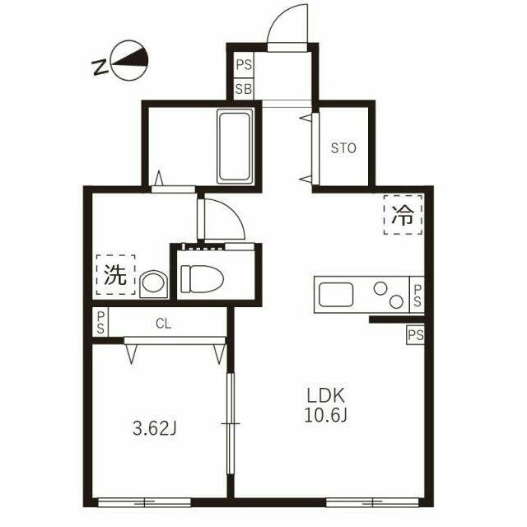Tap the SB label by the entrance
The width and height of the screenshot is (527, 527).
pyautogui.click(x=244, y=90)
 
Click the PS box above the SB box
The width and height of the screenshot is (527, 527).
pyautogui.click(x=244, y=64)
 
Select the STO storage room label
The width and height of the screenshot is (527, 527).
pyautogui.click(x=343, y=148)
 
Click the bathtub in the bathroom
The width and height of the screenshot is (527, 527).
pyautogui.click(x=236, y=147)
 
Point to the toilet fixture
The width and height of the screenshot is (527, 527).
pyautogui.click(x=203, y=278)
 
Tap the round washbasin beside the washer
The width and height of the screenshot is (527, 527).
pyautogui.click(x=154, y=284)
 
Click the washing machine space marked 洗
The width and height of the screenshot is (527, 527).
pyautogui.click(x=115, y=274)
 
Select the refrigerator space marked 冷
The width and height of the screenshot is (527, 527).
pyautogui.click(x=403, y=214)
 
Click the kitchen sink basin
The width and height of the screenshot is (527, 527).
pyautogui.click(x=336, y=295)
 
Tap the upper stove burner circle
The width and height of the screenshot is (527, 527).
pyautogui.click(x=380, y=288)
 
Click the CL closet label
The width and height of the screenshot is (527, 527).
pyautogui.click(x=164, y=324)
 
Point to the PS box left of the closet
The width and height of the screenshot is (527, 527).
pyautogui.click(x=100, y=323)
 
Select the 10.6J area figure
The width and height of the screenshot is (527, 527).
pyautogui.click(x=326, y=414)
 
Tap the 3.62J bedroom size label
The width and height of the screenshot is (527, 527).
pyautogui.click(x=155, y=428)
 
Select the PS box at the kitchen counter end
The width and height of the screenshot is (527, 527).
pyautogui.click(x=417, y=295)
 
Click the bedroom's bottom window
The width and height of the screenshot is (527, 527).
pyautogui.click(x=144, y=502)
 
